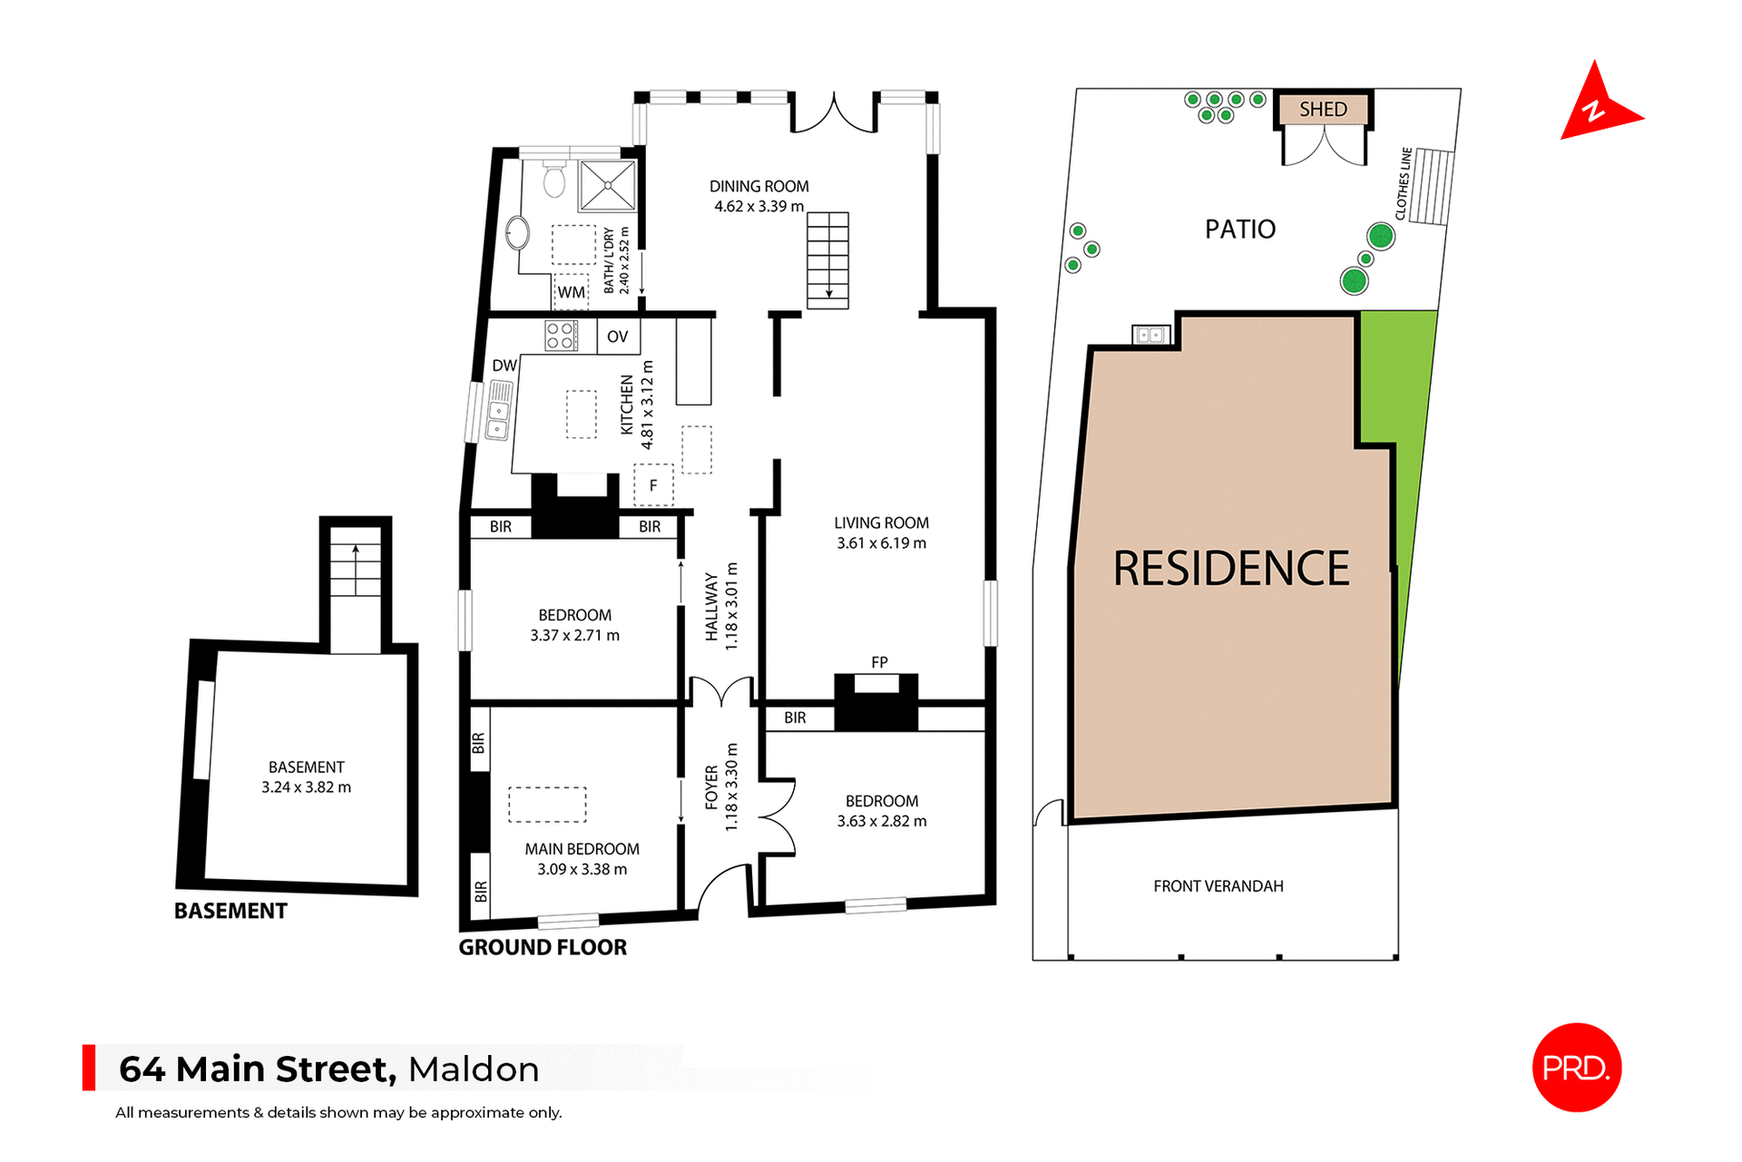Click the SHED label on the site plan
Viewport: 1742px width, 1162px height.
(x=1323, y=110)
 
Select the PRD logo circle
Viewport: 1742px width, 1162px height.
(x=1576, y=1068)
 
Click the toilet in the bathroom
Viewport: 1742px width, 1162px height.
(x=554, y=180)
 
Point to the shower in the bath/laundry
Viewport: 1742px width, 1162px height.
(x=608, y=185)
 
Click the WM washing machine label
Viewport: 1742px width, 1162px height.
(x=572, y=292)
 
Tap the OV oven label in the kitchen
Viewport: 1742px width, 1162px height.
(x=618, y=337)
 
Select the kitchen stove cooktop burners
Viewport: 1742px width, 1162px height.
(x=562, y=336)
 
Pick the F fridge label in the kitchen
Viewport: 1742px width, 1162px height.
(x=653, y=485)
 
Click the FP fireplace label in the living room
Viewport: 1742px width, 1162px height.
(x=879, y=662)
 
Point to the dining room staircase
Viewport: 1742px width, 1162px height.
(x=827, y=260)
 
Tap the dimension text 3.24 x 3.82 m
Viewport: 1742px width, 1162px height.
(x=307, y=787)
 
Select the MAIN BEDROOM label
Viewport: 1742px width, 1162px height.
(x=582, y=849)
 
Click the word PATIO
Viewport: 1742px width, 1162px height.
(x=1240, y=229)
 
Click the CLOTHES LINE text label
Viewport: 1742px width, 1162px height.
(x=1404, y=184)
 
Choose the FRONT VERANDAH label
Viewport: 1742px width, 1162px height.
(x=1218, y=886)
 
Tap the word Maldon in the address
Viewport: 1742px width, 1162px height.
(x=474, y=1069)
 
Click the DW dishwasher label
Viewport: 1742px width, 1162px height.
(x=504, y=366)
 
